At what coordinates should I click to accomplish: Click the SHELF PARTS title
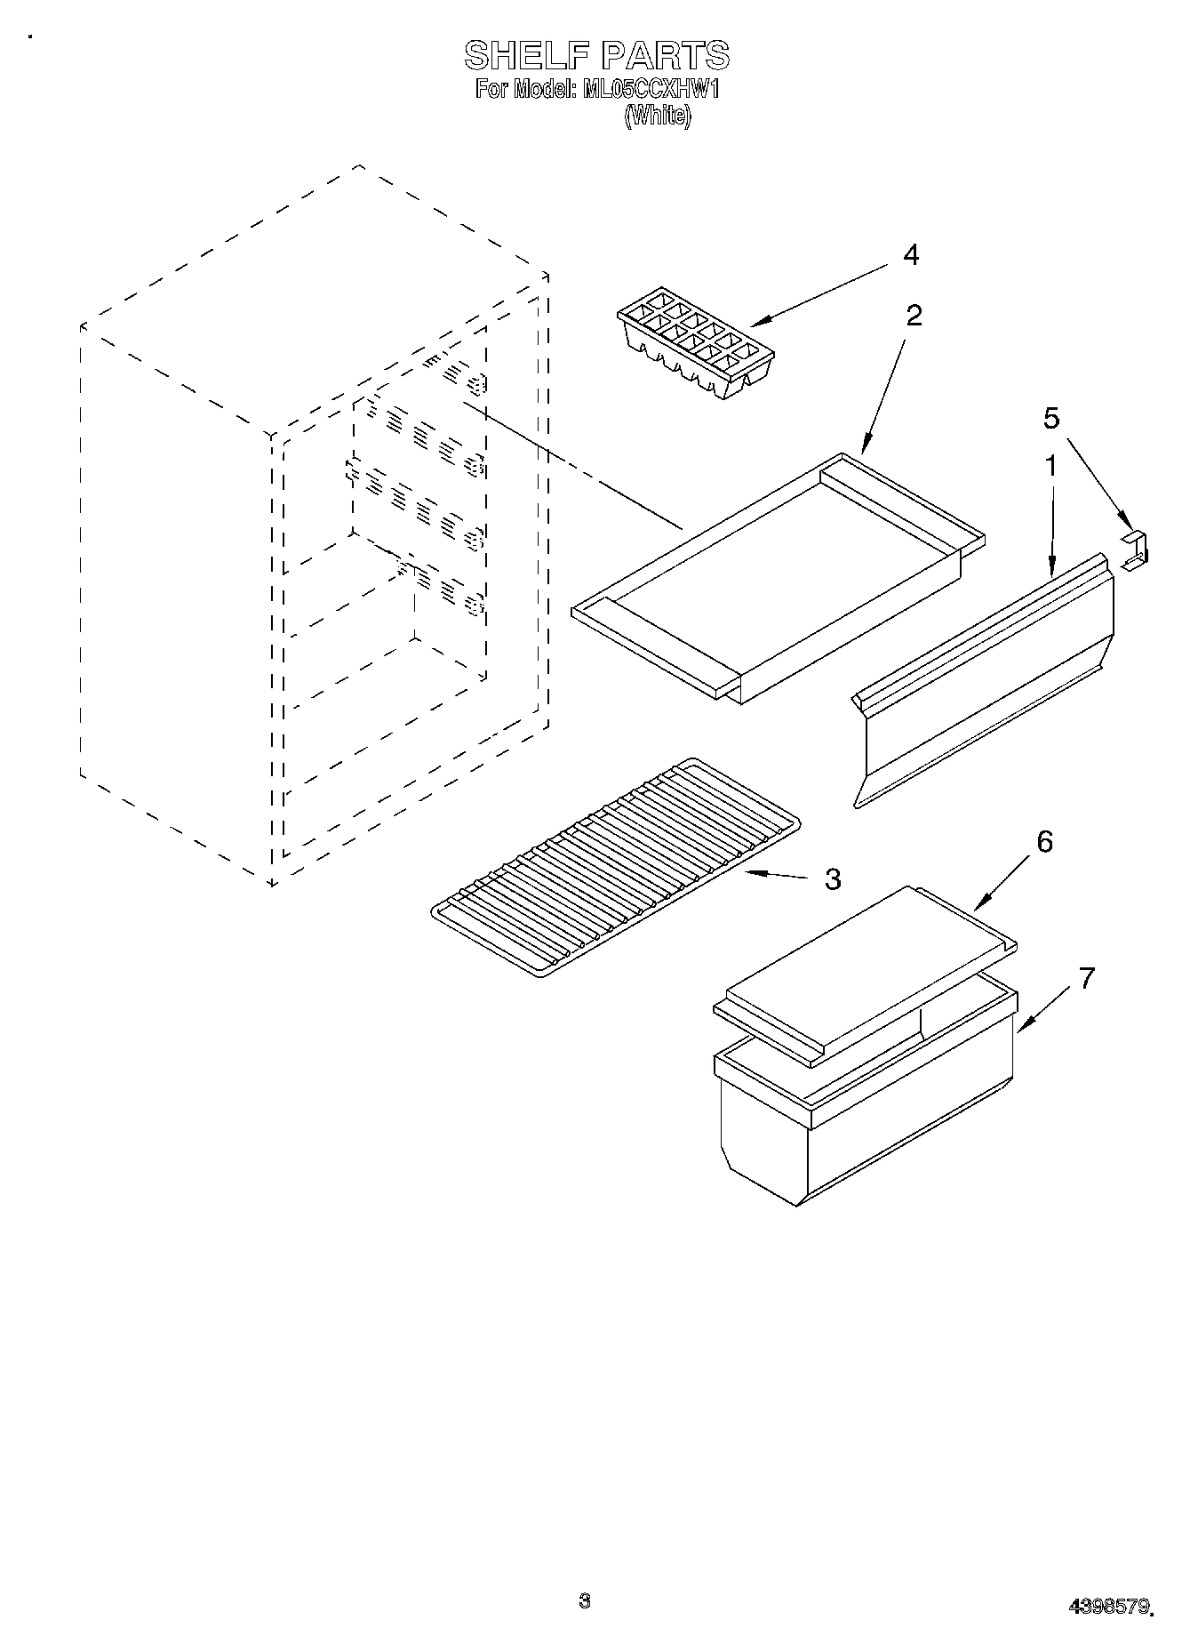click(x=596, y=56)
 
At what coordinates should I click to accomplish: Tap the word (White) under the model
click(x=657, y=116)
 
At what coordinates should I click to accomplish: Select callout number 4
click(x=910, y=255)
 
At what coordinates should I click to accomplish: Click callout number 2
click(x=913, y=315)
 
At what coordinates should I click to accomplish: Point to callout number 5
click(x=1051, y=418)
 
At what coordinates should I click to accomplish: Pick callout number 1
click(x=1050, y=465)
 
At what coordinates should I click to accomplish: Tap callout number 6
click(x=1044, y=841)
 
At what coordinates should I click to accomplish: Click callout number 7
click(x=1086, y=978)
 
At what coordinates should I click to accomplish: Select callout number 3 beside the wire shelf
click(x=832, y=878)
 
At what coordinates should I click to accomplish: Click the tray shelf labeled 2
click(x=779, y=578)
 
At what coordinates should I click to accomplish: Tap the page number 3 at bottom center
click(x=584, y=1600)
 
